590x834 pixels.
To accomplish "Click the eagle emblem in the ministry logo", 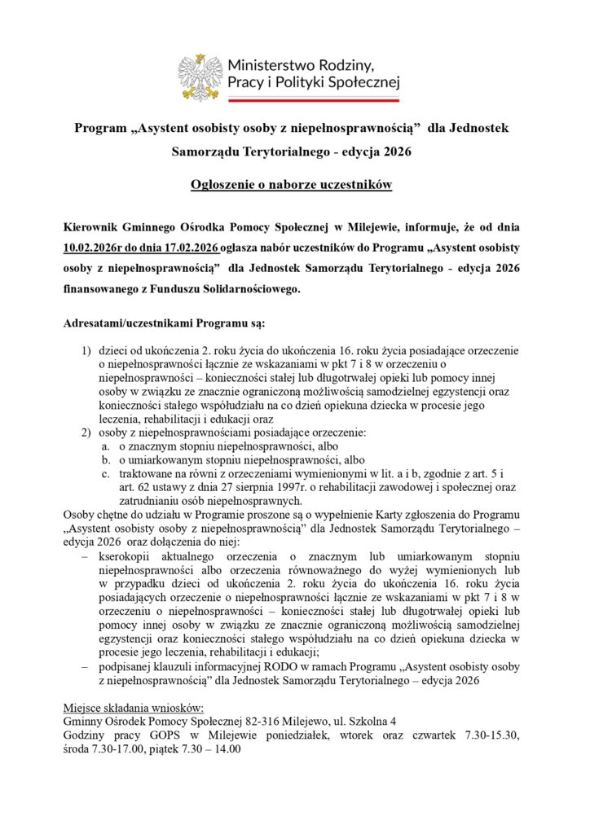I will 200,77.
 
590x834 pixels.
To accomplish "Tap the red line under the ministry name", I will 313,99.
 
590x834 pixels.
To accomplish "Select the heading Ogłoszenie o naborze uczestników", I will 292,185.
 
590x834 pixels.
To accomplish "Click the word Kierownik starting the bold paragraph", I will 92,224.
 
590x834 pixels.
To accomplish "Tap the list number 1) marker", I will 85,351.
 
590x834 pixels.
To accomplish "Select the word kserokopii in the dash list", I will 125,555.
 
